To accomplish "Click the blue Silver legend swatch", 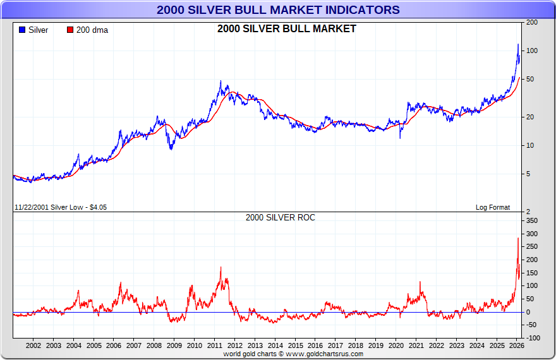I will point(22,30).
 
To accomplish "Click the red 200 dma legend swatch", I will point(70,30).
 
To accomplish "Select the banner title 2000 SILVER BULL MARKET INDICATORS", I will point(278,9).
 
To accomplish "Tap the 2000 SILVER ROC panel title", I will point(281,217).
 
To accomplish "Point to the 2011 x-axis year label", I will point(215,345).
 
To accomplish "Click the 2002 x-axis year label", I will point(33,345).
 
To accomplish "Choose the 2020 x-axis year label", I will point(396,345).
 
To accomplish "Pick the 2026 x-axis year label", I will point(517,345).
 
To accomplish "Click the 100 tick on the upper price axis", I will point(533,51).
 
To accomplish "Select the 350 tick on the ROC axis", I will point(533,220).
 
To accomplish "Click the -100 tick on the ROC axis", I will point(534,339).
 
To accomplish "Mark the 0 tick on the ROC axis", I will point(528,312).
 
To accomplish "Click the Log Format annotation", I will point(492,207).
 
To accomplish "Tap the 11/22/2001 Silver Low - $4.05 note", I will point(60,207).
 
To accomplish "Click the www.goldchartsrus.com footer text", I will point(324,354).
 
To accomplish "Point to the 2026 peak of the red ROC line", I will point(518,238).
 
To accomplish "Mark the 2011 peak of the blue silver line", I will point(221,81).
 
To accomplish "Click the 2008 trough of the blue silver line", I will point(171,149).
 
